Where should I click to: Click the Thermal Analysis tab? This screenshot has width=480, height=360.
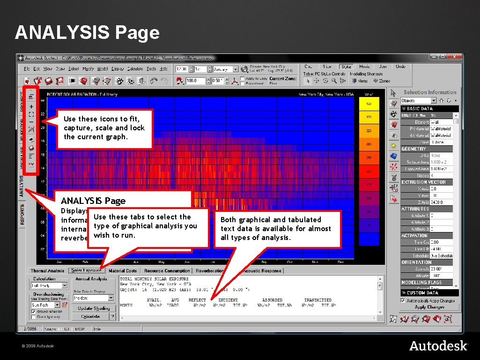click(x=47, y=270)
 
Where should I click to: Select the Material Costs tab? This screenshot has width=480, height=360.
click(x=123, y=270)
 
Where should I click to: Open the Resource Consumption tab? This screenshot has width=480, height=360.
click(x=167, y=270)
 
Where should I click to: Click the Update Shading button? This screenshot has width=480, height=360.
click(x=94, y=308)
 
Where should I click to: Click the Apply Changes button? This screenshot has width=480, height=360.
click(x=429, y=307)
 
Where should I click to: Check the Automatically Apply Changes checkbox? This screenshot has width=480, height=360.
click(x=403, y=300)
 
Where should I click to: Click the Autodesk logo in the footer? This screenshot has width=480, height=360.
click(x=438, y=345)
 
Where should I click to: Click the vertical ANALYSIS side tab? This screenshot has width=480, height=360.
click(x=21, y=186)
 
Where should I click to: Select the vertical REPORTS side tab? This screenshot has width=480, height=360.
click(x=21, y=214)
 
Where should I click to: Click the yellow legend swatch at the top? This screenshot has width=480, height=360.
click(x=369, y=104)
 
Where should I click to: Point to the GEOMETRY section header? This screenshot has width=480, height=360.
click(x=414, y=149)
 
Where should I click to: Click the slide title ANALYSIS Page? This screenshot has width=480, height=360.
click(x=87, y=33)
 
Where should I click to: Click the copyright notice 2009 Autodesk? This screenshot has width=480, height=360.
click(x=37, y=346)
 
